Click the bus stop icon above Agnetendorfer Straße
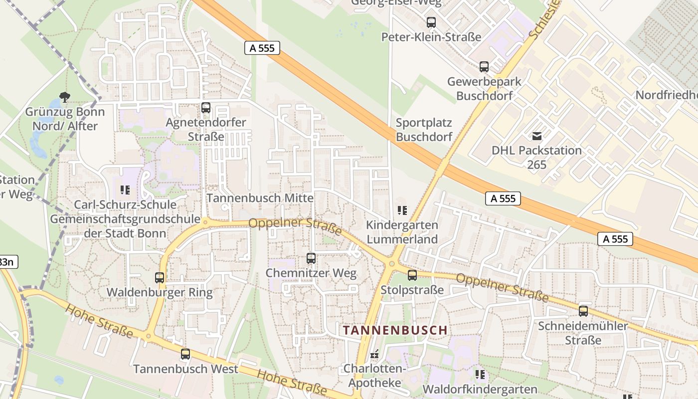pos(205,107)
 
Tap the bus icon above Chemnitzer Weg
pos(311,258)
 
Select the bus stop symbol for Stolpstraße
pos(412,275)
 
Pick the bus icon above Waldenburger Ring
pos(160,278)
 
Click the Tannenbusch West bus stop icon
pos(185,354)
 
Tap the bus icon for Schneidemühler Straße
pos(583,311)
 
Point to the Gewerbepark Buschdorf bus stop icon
pos(484,67)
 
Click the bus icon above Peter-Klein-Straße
pos(431,22)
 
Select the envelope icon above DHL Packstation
pos(537,136)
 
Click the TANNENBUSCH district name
pos(395,330)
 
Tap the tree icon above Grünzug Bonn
pos(64,97)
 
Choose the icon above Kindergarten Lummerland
pos(402,210)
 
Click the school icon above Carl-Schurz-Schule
pos(125,190)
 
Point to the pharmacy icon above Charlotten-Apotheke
pos(374,354)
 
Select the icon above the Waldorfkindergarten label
pos(480,374)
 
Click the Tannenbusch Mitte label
pos(260,198)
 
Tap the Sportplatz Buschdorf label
pos(424,130)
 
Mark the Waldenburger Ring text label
pos(160,293)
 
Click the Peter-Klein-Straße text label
pos(431,37)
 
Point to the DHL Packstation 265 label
pos(536,157)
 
